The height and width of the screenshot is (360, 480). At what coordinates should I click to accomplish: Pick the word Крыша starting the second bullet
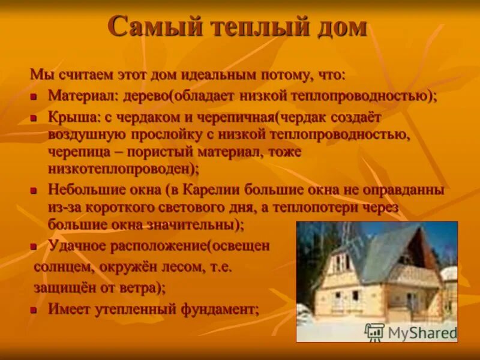(68, 117)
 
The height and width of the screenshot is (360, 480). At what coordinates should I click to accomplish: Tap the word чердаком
(142, 117)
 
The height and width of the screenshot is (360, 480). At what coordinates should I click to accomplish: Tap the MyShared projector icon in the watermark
(374, 332)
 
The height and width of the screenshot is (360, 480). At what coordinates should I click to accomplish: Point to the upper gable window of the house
(341, 262)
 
